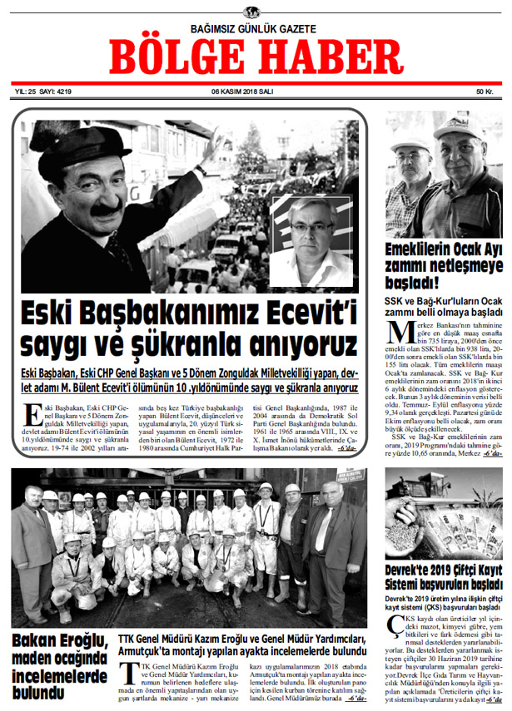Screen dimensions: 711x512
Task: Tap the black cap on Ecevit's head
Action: click(76, 146)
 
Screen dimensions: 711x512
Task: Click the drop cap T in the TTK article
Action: click(125, 674)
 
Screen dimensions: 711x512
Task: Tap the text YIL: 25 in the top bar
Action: click(24, 91)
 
